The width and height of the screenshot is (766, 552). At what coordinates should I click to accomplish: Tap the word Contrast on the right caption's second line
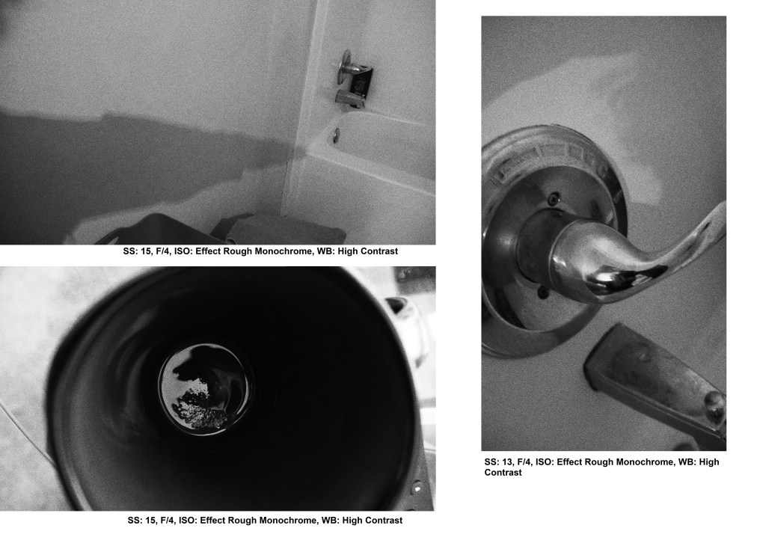click(503, 473)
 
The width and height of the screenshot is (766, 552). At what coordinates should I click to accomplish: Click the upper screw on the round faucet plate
click(554, 199)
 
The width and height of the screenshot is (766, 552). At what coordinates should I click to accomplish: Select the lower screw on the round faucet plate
click(542, 292)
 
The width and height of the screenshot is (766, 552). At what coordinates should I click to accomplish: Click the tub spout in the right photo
click(655, 381)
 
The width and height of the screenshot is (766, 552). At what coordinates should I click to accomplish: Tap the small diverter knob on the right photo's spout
click(714, 403)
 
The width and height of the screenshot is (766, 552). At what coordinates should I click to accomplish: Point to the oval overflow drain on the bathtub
click(336, 135)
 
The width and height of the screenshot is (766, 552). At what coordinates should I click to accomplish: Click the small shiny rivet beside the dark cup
click(417, 486)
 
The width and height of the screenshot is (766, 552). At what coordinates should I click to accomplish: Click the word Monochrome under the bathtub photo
click(283, 251)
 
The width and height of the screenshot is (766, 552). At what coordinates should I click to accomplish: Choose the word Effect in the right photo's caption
click(572, 461)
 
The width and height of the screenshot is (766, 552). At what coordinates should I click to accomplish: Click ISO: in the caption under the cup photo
click(188, 521)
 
